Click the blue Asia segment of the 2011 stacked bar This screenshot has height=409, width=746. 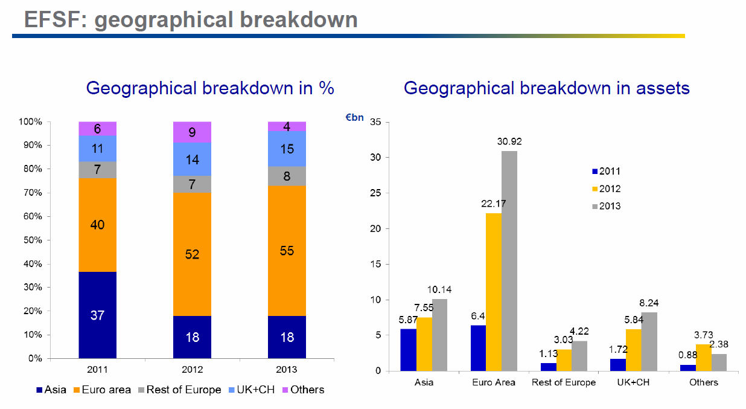coord(97,315)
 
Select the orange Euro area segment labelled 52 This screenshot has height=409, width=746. coord(192,254)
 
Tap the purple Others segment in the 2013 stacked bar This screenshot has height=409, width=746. coord(287,126)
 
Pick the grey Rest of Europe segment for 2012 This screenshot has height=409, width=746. coord(192,184)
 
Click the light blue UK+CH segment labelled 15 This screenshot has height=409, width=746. coord(287,149)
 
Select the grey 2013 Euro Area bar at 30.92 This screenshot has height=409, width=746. coord(509,260)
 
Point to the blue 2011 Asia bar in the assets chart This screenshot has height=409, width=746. coord(408,349)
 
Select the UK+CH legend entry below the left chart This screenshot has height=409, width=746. coord(252,390)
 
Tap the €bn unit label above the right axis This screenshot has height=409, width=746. coord(354,117)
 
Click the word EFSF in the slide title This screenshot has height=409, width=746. coord(54,19)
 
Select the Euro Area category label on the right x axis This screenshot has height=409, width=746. coord(493,382)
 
